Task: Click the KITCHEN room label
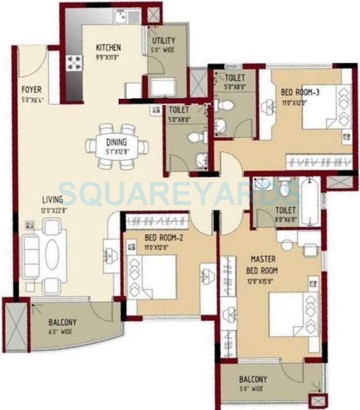point(108,48)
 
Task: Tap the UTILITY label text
point(163,41)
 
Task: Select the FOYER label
point(32,90)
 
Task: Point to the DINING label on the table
point(116,142)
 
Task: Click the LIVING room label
point(53,200)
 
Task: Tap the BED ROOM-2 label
point(164,238)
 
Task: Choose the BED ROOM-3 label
point(300,92)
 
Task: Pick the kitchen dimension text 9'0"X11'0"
point(108,55)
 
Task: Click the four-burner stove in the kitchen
point(73,64)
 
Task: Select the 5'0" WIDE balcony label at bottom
point(253,384)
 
